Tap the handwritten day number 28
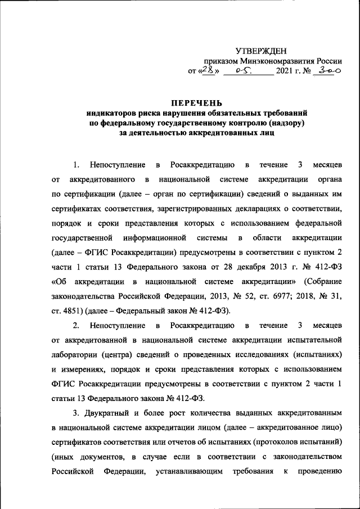(x=208, y=71)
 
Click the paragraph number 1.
(x=76, y=165)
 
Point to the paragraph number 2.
(x=76, y=325)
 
